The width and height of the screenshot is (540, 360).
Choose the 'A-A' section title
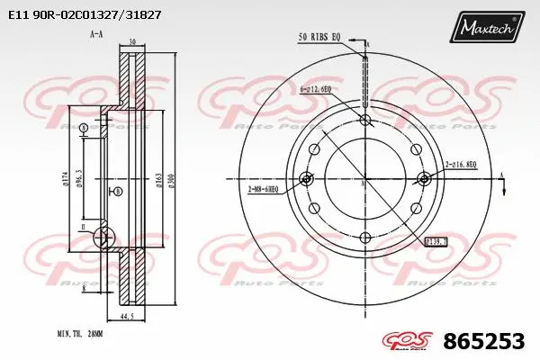coord(95,34)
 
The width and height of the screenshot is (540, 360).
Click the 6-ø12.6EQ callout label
coord(315,89)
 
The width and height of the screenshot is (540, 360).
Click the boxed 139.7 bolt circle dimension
coord(436,241)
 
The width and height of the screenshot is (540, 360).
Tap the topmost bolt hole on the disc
coord(364,120)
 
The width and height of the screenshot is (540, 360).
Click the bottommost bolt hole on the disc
coord(364,238)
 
